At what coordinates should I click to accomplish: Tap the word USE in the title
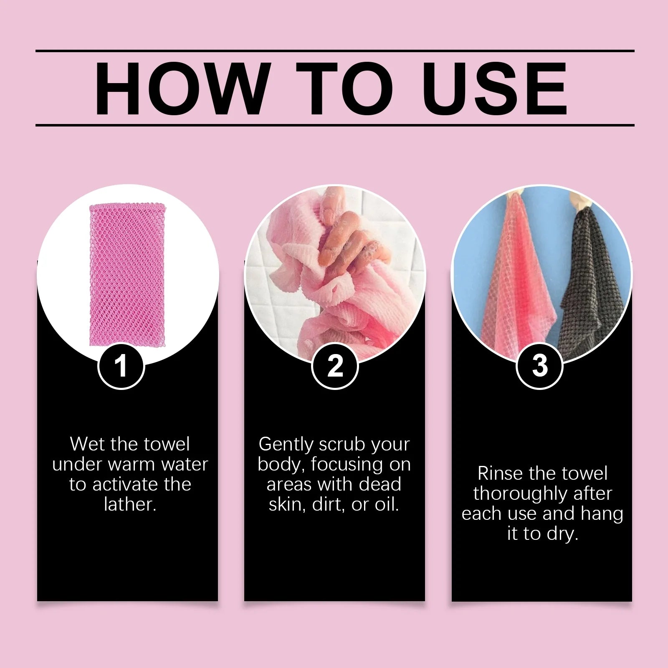495,89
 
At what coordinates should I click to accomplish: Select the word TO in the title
345,89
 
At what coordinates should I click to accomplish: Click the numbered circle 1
121,366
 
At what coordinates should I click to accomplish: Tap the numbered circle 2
335,366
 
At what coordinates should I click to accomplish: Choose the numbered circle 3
539,366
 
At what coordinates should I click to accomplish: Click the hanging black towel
593,288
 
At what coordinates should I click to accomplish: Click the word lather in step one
129,504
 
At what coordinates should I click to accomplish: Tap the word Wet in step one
86,444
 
